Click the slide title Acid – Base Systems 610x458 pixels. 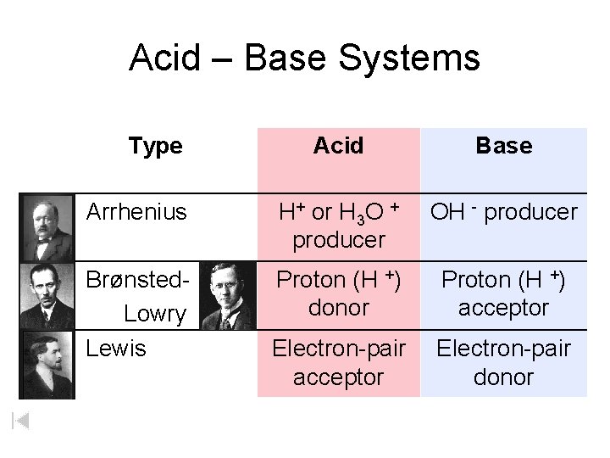[x=304, y=59]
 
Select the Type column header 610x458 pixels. [x=156, y=146]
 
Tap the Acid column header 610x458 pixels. [x=338, y=146]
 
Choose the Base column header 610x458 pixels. [x=503, y=146]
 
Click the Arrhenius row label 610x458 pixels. [x=136, y=212]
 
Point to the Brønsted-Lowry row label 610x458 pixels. [x=137, y=295]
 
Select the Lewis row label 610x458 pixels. [x=116, y=349]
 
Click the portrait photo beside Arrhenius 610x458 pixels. [x=47, y=226]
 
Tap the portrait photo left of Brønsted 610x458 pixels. [x=47, y=295]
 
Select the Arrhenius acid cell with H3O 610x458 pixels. [x=338, y=226]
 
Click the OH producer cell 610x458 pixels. [x=503, y=212]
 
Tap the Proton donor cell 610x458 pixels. [x=338, y=293]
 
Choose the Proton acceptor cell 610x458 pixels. [x=503, y=293]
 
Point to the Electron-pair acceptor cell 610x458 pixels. [x=338, y=362]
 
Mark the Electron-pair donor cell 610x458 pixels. [x=503, y=362]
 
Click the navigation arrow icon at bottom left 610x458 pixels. [x=21, y=420]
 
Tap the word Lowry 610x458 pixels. [x=154, y=314]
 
